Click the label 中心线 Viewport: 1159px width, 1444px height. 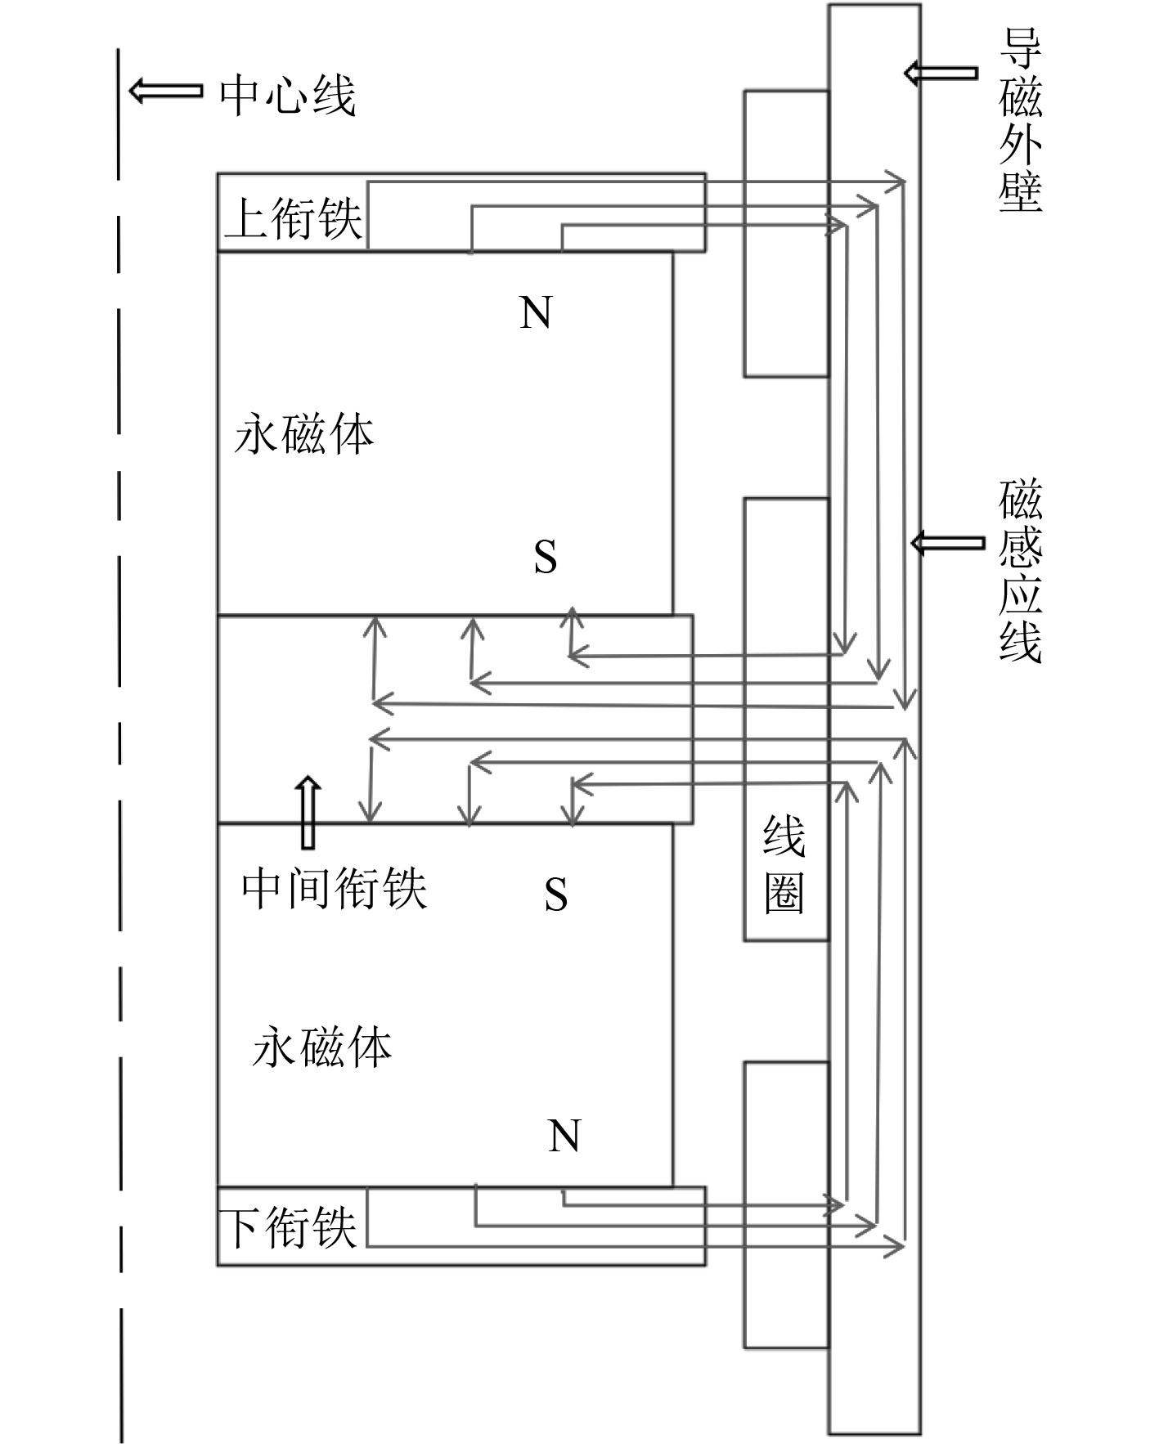[287, 96]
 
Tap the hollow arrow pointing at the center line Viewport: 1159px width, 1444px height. [165, 90]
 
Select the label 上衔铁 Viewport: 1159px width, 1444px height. [293, 219]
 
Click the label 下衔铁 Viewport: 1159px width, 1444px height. [290, 1227]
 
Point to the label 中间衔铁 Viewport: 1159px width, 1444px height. [334, 888]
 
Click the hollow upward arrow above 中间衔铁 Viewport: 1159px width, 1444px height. [308, 812]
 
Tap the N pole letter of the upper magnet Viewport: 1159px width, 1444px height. [536, 312]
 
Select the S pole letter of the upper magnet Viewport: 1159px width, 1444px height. [545, 557]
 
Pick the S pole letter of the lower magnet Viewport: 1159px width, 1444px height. [555, 894]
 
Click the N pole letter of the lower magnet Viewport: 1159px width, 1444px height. [564, 1136]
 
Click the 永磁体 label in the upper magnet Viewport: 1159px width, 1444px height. [303, 434]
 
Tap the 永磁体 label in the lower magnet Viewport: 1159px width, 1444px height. [321, 1047]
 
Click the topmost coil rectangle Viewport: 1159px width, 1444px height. [785, 233]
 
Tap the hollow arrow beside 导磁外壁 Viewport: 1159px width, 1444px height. [941, 73]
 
